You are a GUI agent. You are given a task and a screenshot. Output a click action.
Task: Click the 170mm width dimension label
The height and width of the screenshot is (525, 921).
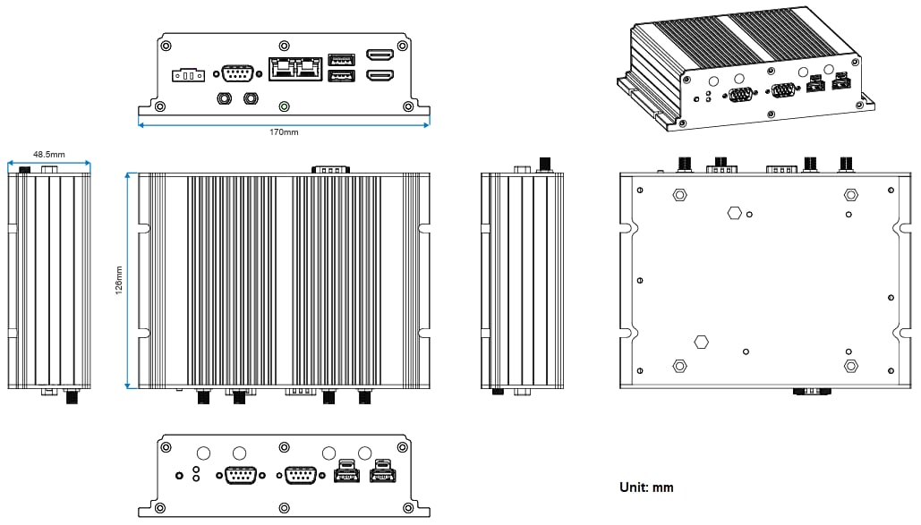[x=284, y=132]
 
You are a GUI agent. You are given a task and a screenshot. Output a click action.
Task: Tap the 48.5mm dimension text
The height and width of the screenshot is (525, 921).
[x=49, y=154]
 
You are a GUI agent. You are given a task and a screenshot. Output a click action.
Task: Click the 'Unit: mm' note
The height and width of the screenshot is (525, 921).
[x=646, y=487]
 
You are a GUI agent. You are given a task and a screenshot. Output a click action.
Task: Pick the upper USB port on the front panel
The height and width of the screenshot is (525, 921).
[x=340, y=60]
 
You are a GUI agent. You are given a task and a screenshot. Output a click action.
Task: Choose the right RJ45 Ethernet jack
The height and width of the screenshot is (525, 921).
[x=309, y=67]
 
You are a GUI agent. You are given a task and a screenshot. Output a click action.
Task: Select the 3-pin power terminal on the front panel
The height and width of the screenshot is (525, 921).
[x=188, y=74]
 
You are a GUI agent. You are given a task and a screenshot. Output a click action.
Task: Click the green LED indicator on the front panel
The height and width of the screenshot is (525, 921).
[x=285, y=106]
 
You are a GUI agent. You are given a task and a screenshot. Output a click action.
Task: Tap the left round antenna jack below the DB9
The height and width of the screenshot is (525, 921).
[x=223, y=97]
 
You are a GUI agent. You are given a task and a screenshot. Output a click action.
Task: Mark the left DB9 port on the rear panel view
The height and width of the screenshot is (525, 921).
[x=237, y=475]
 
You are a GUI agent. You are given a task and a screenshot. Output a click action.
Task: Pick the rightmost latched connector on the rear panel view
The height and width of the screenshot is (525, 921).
[x=382, y=473]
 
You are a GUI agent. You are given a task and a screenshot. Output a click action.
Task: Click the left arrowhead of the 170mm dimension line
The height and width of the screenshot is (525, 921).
[x=141, y=124]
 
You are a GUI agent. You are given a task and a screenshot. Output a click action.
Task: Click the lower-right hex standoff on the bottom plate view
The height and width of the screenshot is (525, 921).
[x=850, y=366]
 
